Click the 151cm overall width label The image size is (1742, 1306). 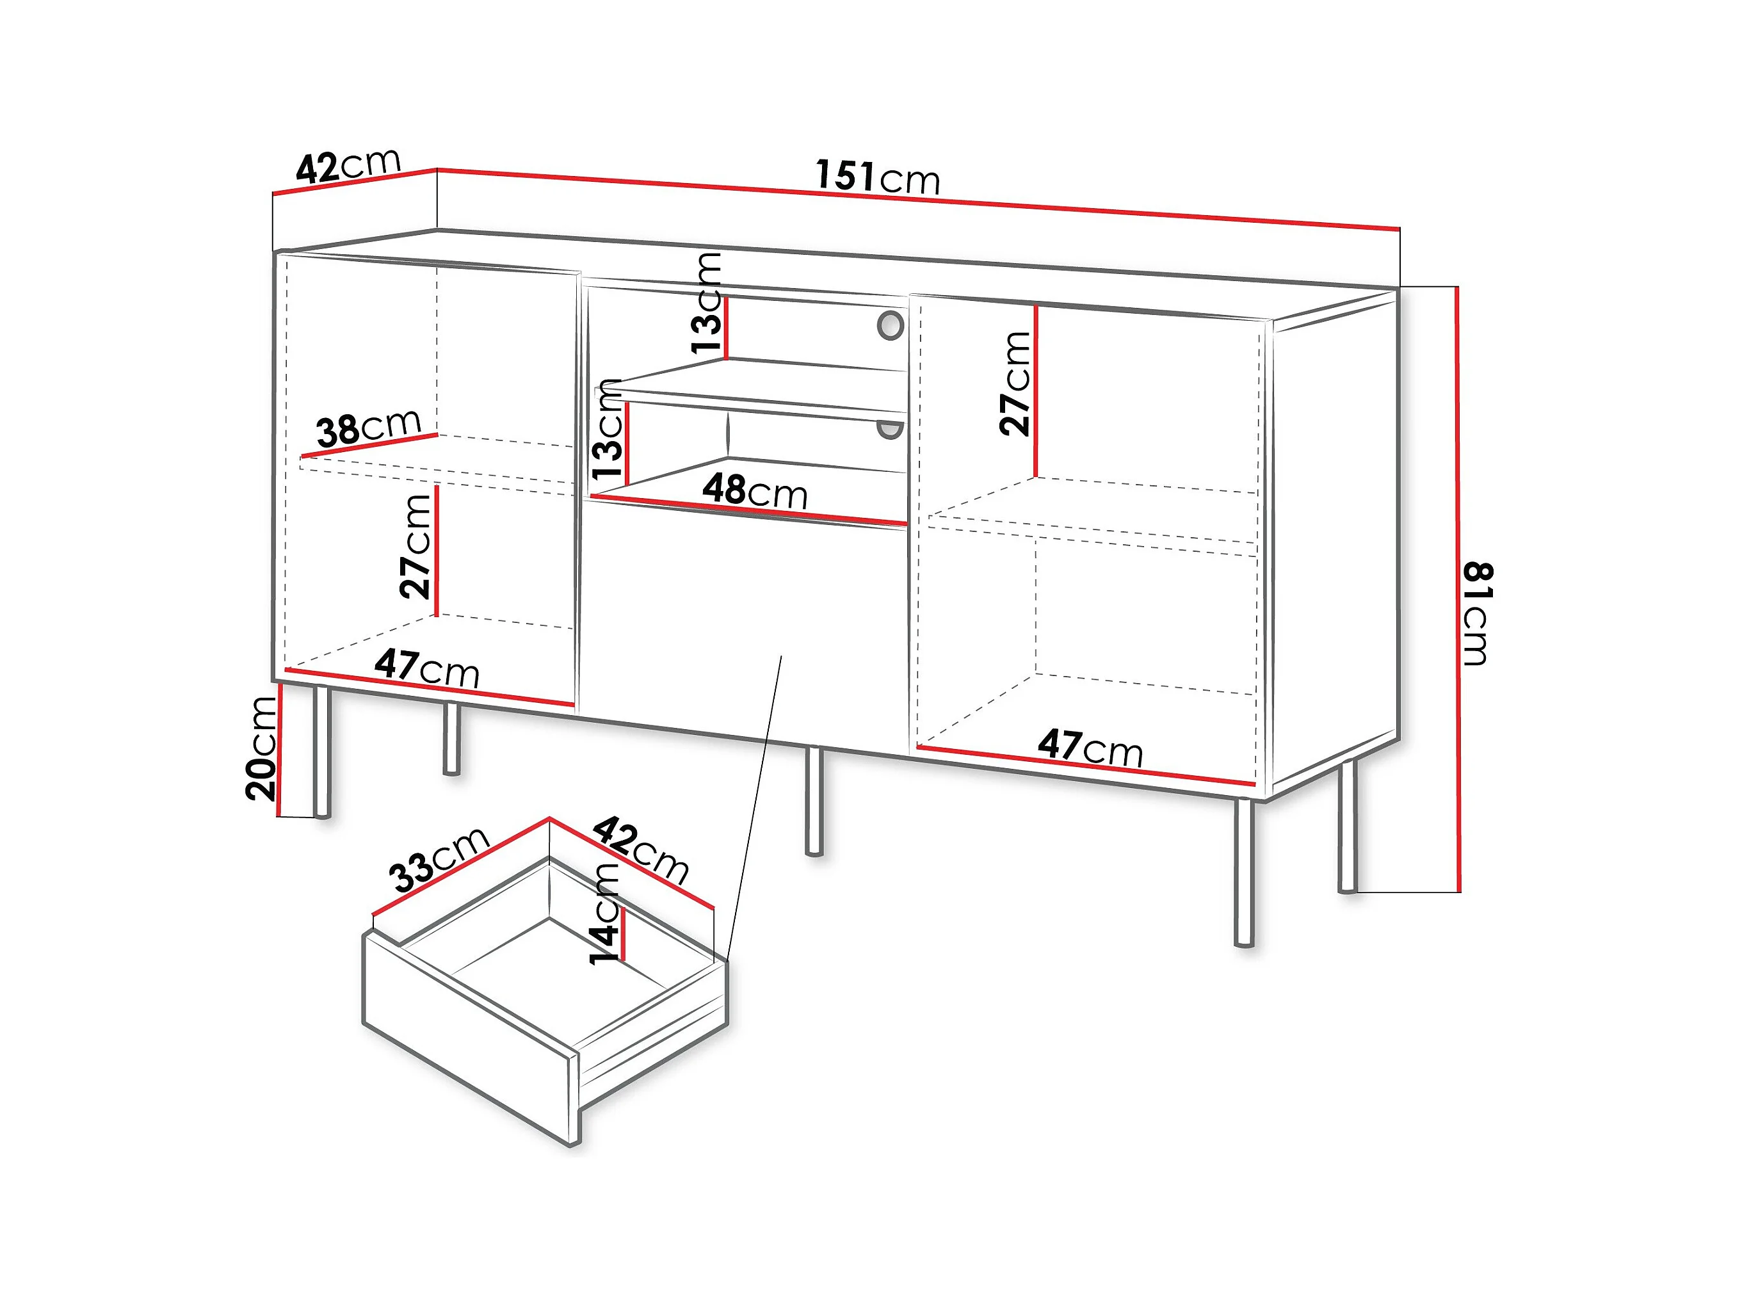(877, 177)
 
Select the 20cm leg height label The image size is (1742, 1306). (261, 749)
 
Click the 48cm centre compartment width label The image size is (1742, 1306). (754, 491)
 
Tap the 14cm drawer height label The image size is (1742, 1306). (606, 914)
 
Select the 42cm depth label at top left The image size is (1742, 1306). (348, 165)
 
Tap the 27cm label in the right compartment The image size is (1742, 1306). (1015, 383)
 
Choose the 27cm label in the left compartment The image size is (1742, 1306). (415, 546)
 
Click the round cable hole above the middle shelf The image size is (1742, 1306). (891, 325)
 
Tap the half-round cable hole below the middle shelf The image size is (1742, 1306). (891, 430)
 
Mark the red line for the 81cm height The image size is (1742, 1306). (1458, 591)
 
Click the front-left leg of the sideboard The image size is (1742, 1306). (321, 752)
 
